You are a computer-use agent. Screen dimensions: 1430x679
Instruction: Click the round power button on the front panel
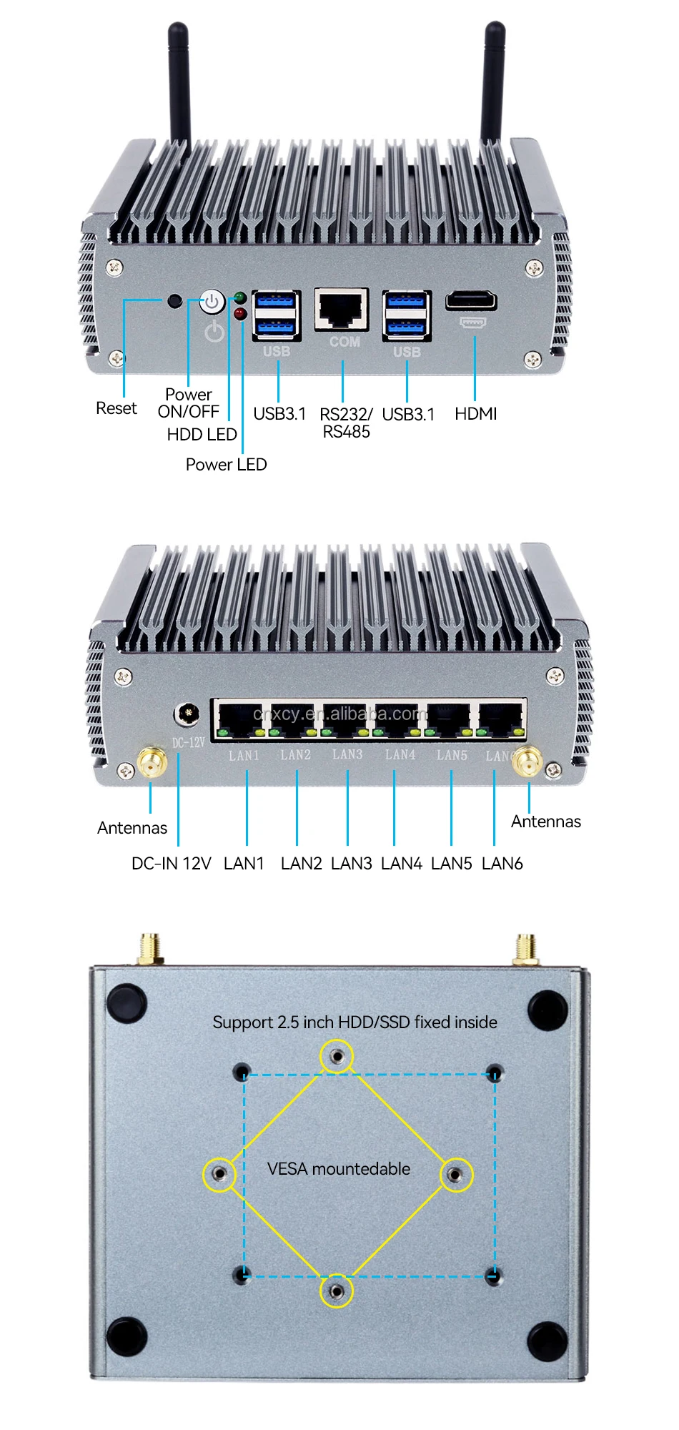coord(212,302)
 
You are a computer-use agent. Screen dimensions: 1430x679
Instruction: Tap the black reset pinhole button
coord(174,300)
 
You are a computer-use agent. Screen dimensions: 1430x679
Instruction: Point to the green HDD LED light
coord(239,297)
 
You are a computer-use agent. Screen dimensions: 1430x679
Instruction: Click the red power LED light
coord(239,313)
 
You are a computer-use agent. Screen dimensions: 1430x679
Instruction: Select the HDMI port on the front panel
coord(471,301)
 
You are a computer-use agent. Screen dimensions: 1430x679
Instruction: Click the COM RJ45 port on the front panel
coord(342,310)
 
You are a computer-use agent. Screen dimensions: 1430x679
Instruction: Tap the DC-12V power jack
coord(187,714)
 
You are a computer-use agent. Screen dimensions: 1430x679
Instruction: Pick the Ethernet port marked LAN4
coord(397,719)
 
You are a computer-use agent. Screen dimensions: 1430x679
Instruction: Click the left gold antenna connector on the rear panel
coord(152,762)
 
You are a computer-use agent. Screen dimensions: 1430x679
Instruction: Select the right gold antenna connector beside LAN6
coord(527,762)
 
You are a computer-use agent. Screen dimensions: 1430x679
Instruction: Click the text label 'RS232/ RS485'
coord(346,423)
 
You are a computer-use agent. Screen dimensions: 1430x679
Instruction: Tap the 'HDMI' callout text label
coord(476,414)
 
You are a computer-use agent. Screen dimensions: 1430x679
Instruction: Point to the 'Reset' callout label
coord(117,408)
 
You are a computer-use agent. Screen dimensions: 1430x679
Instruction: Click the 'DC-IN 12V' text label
coord(172,864)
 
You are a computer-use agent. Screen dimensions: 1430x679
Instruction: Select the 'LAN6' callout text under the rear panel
coord(502,864)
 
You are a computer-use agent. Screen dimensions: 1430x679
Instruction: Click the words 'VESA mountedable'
coord(339,1169)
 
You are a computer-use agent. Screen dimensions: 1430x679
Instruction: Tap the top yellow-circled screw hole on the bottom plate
coord(337,1056)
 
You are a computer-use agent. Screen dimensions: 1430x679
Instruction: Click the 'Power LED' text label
coord(226,465)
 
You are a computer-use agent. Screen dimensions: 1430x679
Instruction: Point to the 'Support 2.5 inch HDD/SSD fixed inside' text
coord(355,1022)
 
